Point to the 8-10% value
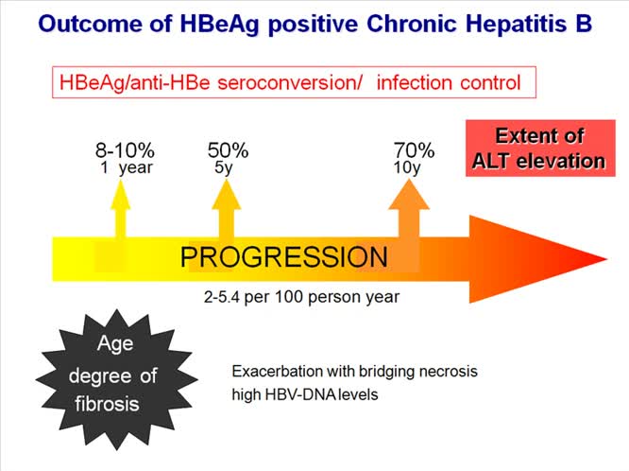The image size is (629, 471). click(125, 150)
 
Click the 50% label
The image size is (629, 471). click(228, 150)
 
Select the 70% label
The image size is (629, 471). click(415, 150)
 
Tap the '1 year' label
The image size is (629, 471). click(126, 168)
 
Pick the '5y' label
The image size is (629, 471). click(225, 168)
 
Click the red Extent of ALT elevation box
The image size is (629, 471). click(538, 148)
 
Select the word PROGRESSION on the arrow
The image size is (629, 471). click(283, 257)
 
